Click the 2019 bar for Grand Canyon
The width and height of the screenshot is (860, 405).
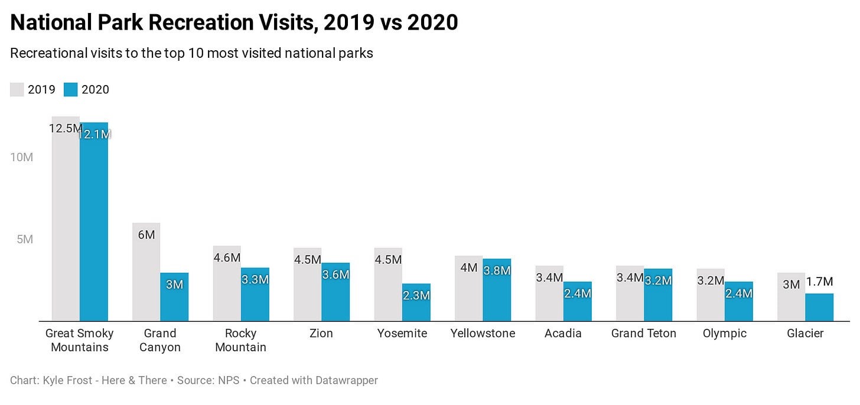tap(146, 277)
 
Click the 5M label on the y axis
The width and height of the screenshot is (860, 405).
tap(24, 240)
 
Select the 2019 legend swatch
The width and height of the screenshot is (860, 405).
tap(17, 90)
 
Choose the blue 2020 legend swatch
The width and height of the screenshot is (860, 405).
tap(71, 90)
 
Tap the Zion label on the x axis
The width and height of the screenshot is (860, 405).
tap(321, 334)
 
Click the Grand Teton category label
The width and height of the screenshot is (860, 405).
tap(643, 334)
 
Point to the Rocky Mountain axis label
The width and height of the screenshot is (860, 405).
tap(240, 340)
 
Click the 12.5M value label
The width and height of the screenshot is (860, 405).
tap(65, 128)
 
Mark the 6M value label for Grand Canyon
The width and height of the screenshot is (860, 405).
tap(146, 234)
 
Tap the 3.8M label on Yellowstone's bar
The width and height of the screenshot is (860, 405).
tap(497, 270)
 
